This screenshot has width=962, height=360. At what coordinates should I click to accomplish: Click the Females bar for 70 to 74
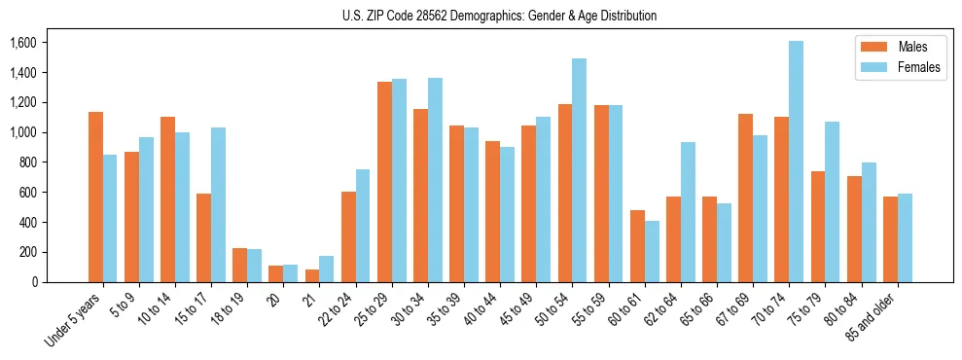pyautogui.click(x=797, y=162)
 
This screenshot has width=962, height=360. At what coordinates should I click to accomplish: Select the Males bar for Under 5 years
pyautogui.click(x=95, y=198)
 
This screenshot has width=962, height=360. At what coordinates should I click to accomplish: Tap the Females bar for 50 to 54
pyautogui.click(x=580, y=170)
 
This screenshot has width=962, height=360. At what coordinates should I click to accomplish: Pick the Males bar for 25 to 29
pyautogui.click(x=384, y=182)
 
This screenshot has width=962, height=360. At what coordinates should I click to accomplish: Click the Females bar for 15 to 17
pyautogui.click(x=218, y=205)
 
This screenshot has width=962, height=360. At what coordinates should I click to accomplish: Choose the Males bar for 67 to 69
pyautogui.click(x=746, y=198)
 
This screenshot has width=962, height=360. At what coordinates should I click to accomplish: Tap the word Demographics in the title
pyautogui.click(x=512, y=16)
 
